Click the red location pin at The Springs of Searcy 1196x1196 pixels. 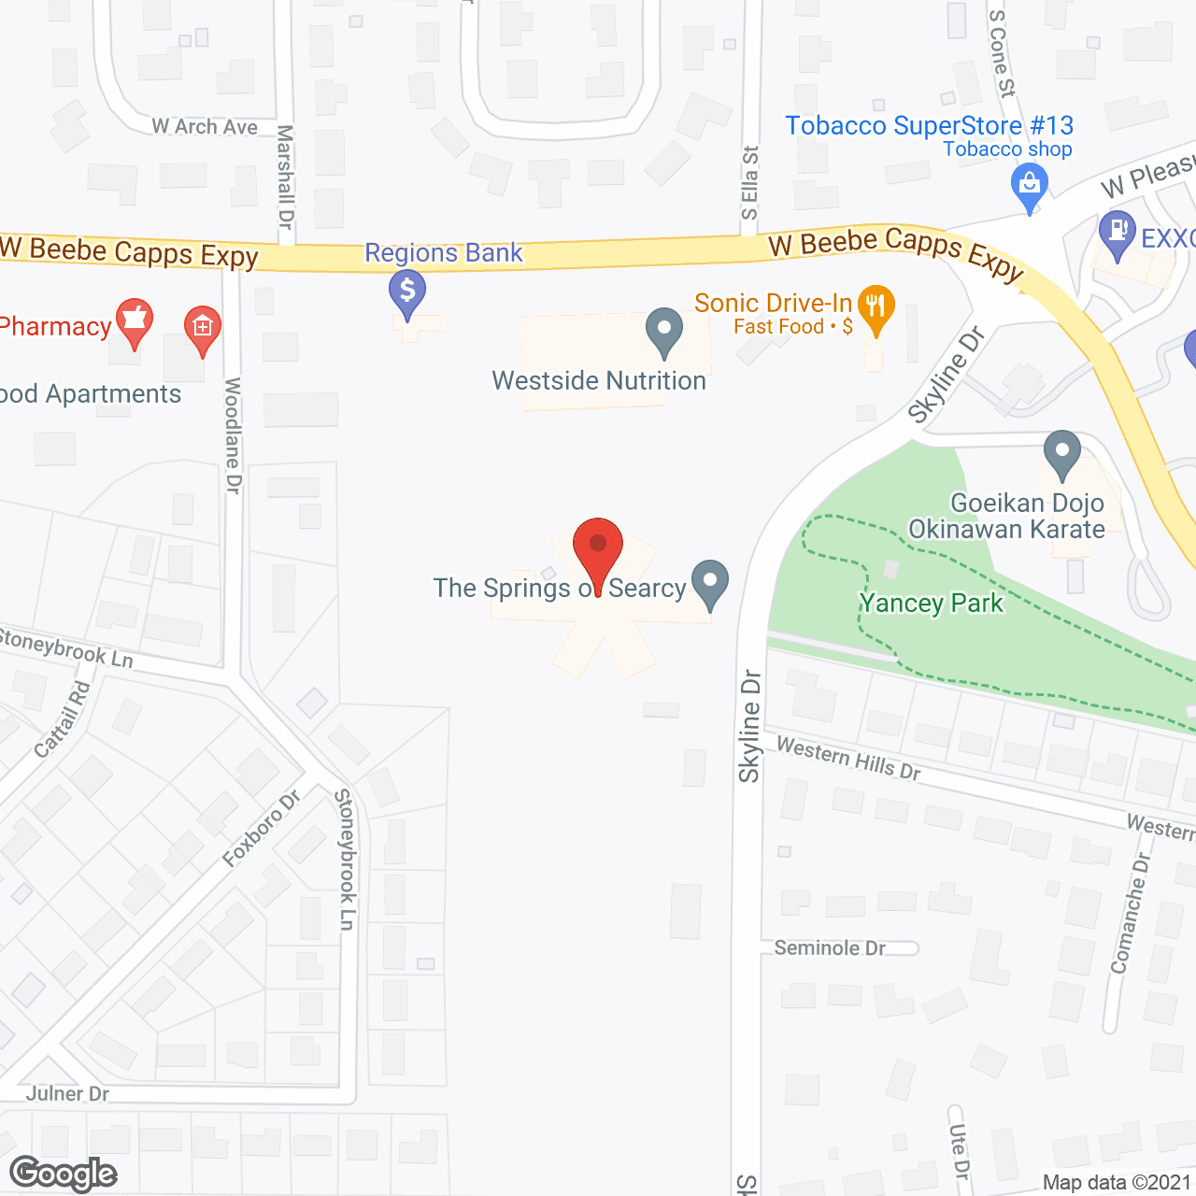[x=597, y=546]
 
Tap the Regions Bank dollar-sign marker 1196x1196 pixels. [x=407, y=292]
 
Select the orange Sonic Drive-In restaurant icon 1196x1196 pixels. [x=876, y=306]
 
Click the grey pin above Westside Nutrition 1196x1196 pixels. [x=664, y=330]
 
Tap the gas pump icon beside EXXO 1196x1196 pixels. [x=1117, y=234]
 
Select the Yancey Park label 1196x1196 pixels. [x=932, y=604]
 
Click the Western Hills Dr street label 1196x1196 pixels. [x=848, y=759]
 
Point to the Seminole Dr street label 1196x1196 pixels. [x=830, y=947]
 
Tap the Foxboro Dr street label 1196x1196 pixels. [x=262, y=828]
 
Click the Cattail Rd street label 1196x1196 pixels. [x=64, y=719]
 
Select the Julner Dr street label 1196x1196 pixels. [x=67, y=1093]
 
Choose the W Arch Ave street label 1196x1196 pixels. [x=205, y=126]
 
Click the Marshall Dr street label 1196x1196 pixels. [x=286, y=178]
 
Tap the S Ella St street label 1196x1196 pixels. [x=749, y=182]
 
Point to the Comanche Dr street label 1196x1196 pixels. [x=1130, y=914]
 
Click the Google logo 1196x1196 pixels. [x=64, y=1174]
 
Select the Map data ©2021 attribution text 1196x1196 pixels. [x=1117, y=1182]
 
